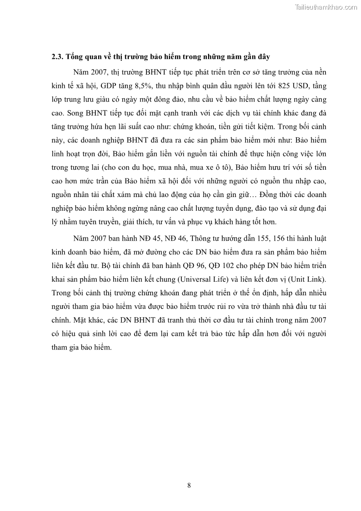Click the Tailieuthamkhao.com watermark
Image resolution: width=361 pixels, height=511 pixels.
(326, 7)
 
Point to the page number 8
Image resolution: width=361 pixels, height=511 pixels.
(189, 485)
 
